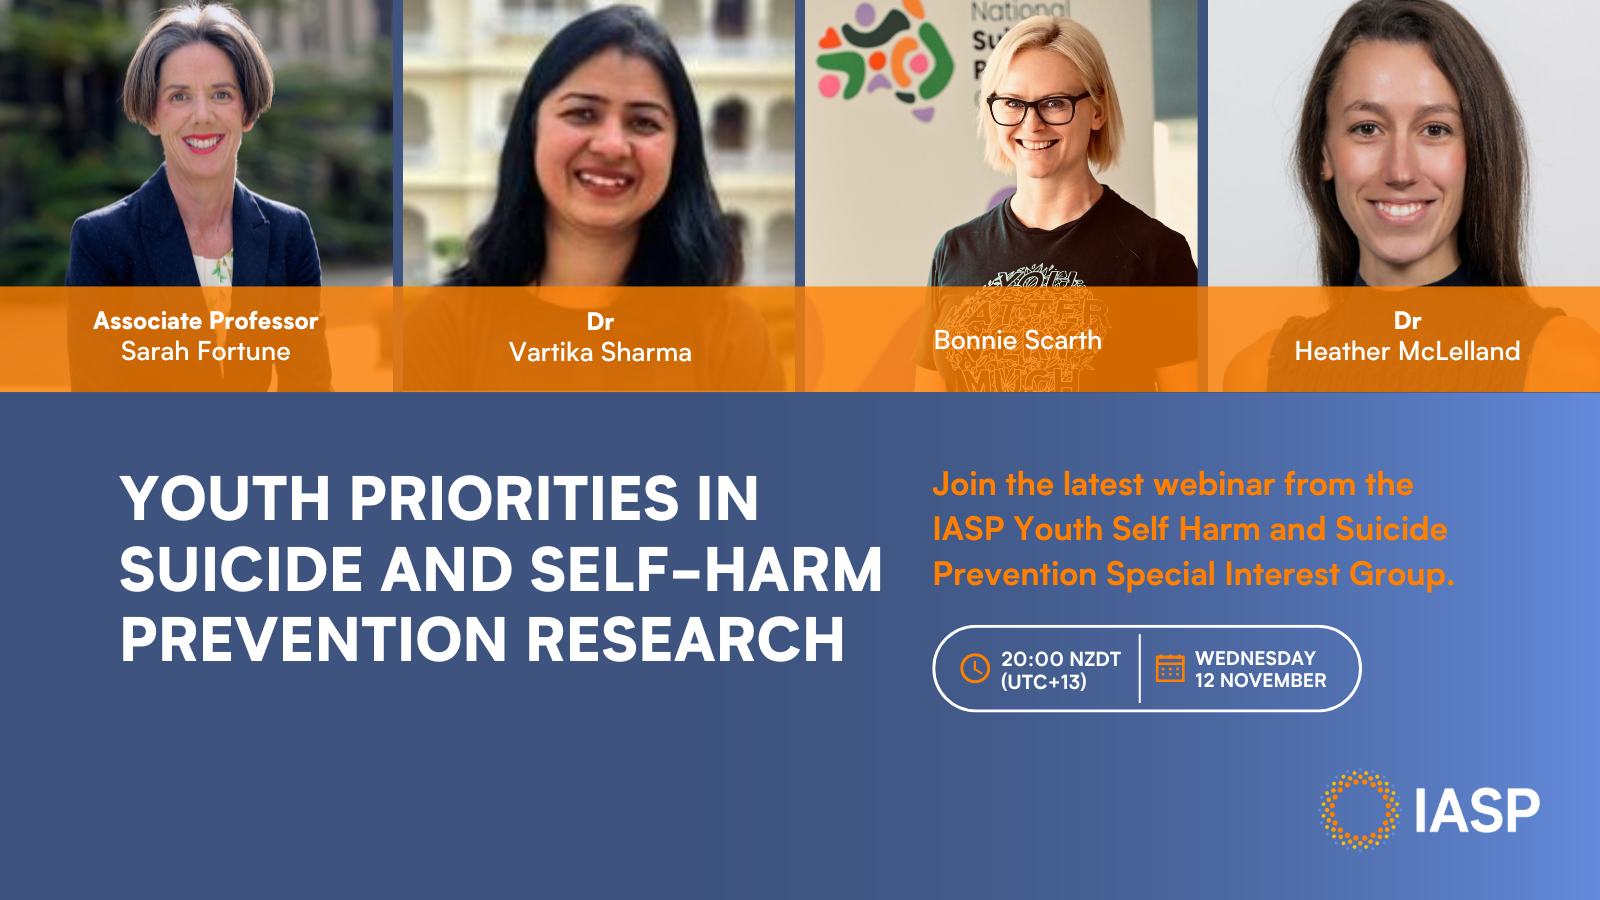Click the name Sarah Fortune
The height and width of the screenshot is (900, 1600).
coord(206,351)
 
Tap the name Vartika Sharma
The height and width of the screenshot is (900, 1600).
coord(600,352)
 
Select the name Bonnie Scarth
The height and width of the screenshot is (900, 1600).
coord(1017,340)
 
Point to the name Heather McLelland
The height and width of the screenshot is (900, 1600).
coord(1407,351)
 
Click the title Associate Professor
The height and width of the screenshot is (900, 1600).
coord(206,321)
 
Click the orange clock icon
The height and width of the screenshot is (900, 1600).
coord(975,669)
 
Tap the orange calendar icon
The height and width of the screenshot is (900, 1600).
coord(1170,669)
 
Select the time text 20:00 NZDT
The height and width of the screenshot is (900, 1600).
coord(1061,659)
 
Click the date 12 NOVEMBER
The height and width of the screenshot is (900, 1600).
coord(1261,681)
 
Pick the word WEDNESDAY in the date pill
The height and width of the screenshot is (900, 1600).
coord(1256,658)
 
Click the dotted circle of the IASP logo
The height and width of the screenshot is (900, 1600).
coord(1359,776)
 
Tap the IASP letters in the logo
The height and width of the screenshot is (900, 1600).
coord(1477,811)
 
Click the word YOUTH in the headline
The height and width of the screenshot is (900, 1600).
coord(225,499)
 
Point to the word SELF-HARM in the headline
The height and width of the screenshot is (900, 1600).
coord(706,569)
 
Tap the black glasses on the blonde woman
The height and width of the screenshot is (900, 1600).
coord(1038,109)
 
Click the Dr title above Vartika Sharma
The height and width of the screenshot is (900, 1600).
coord(600,321)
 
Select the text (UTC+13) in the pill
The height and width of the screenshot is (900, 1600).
coord(1044,682)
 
